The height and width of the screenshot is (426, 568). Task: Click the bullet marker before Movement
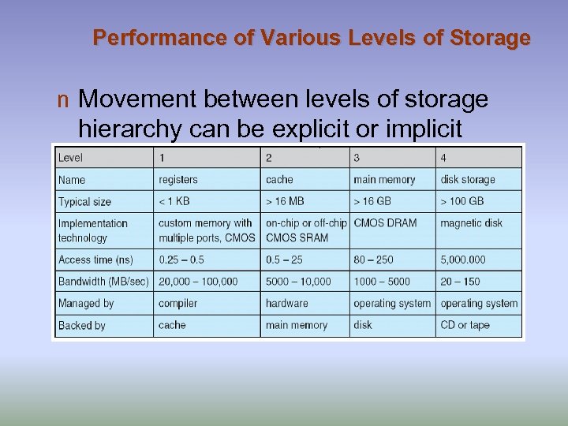click(x=63, y=101)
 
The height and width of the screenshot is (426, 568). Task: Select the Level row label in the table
click(x=70, y=158)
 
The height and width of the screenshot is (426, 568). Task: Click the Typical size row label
click(x=84, y=202)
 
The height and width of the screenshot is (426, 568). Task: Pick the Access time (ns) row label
click(x=95, y=260)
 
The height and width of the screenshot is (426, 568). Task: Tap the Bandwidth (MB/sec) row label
click(x=103, y=282)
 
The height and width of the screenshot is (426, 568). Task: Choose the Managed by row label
click(x=86, y=303)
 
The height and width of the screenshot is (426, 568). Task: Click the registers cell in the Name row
click(x=178, y=180)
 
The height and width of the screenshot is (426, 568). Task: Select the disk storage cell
click(x=468, y=180)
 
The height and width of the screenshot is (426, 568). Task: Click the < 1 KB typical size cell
click(x=174, y=202)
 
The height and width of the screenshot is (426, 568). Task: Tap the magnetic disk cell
click(x=471, y=223)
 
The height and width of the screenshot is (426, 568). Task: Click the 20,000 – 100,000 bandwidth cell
click(x=198, y=282)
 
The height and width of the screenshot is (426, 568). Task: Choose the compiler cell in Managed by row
click(x=177, y=303)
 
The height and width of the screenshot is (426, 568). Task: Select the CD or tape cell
click(x=465, y=325)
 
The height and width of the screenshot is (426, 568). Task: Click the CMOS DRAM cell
click(x=385, y=223)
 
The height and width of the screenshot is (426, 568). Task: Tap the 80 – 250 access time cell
click(x=373, y=260)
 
